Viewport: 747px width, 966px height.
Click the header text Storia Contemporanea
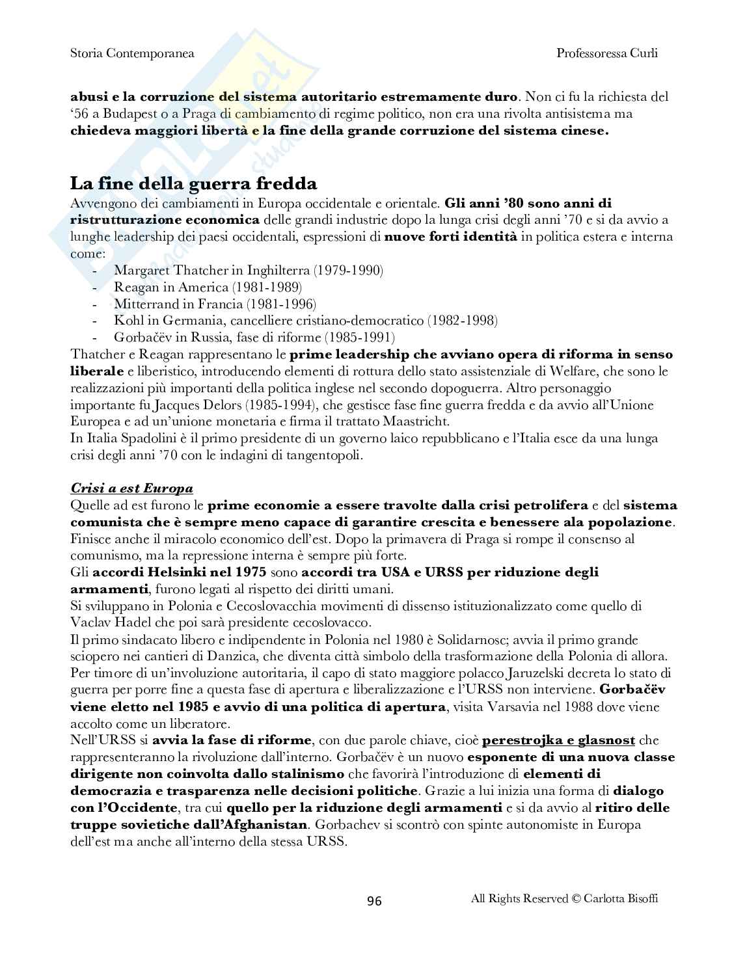132,53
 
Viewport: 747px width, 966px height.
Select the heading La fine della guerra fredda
193,183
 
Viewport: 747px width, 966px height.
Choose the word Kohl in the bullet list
127,321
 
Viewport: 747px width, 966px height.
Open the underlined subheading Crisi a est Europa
131,489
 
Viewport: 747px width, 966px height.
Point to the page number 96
374,900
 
